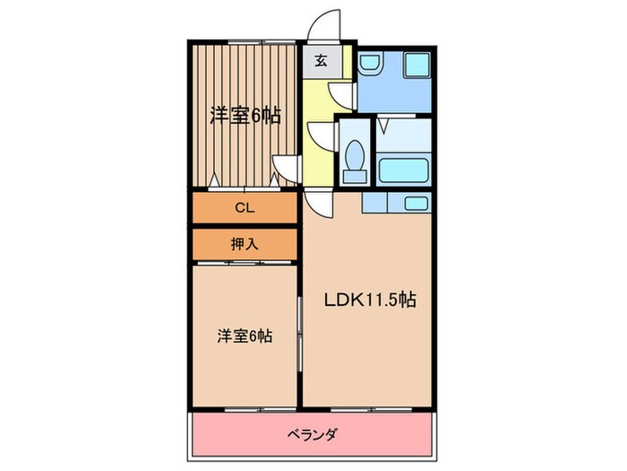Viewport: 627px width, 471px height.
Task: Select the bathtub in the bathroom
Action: point(403,170)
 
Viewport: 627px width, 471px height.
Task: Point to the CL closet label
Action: point(244,207)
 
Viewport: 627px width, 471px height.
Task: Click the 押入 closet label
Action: point(244,242)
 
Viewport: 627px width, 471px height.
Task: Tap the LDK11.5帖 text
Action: point(368,301)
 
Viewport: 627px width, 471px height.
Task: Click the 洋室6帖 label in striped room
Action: point(244,115)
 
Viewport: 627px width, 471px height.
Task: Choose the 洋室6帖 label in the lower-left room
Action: point(244,336)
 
